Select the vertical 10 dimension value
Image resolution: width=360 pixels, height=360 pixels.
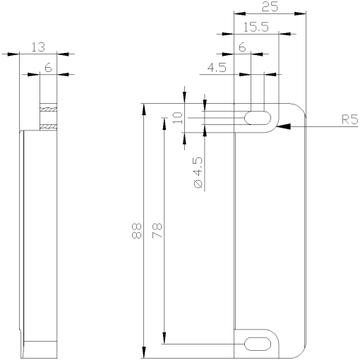[178, 117]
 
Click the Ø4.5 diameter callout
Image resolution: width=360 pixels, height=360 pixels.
[198, 172]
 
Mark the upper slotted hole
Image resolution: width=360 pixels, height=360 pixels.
[258, 117]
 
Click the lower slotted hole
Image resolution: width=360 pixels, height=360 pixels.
[258, 344]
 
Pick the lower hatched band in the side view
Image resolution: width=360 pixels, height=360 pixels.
[48, 126]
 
